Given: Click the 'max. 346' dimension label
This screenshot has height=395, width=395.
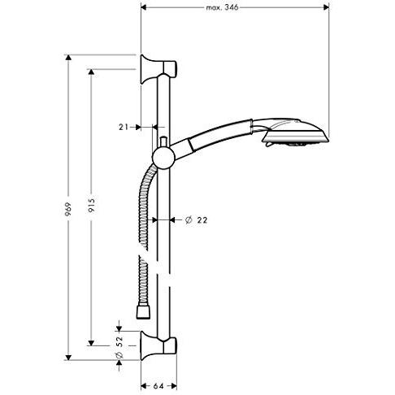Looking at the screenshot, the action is pyautogui.click(x=222, y=7).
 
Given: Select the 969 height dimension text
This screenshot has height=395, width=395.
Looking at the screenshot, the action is pyautogui.click(x=68, y=209).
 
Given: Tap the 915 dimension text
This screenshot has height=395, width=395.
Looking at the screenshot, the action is pyautogui.click(x=92, y=205).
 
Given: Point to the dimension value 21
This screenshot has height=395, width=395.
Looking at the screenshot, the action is pyautogui.click(x=124, y=127).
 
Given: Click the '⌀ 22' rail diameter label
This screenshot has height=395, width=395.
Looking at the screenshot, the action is pyautogui.click(x=196, y=220).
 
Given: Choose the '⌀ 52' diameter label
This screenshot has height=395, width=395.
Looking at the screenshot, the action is pyautogui.click(x=119, y=347).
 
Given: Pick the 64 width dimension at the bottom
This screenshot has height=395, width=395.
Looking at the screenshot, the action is pyautogui.click(x=158, y=386).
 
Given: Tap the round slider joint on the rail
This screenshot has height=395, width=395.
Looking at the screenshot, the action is pyautogui.click(x=163, y=158).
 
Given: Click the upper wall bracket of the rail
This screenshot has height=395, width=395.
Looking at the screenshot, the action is pyautogui.click(x=158, y=69).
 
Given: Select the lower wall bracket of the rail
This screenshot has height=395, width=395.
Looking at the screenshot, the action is pyautogui.click(x=158, y=345).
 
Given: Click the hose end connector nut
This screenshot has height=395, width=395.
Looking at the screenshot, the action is pyautogui.click(x=143, y=312).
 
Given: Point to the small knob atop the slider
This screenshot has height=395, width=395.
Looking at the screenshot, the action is pyautogui.click(x=163, y=142).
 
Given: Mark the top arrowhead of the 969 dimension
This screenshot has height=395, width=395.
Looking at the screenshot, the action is pyautogui.click(x=68, y=58).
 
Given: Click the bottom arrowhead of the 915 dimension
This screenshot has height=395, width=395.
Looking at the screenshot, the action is pyautogui.click(x=91, y=343).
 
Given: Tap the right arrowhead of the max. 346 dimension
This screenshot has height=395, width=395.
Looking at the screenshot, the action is pyautogui.click(x=326, y=7).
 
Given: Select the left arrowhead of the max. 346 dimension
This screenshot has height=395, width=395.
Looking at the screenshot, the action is pyautogui.click(x=144, y=7).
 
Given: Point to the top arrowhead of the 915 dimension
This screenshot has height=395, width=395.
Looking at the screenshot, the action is pyautogui.click(x=91, y=72).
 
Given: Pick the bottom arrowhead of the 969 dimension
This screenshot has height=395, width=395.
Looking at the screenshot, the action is pyautogui.click(x=68, y=358).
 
